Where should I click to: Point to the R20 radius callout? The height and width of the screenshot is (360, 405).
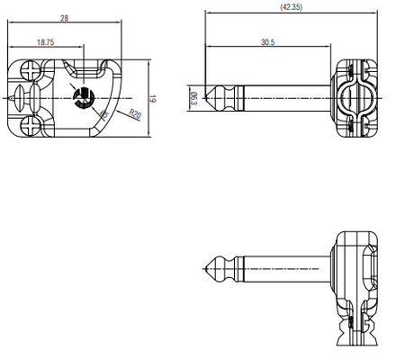pos(134,114)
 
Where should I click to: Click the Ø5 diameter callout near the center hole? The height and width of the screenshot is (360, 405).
pos(104,114)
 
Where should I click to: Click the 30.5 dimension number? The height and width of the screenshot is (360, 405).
pos(268,41)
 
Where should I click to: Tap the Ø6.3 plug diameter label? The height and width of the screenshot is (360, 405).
pos(193,97)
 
